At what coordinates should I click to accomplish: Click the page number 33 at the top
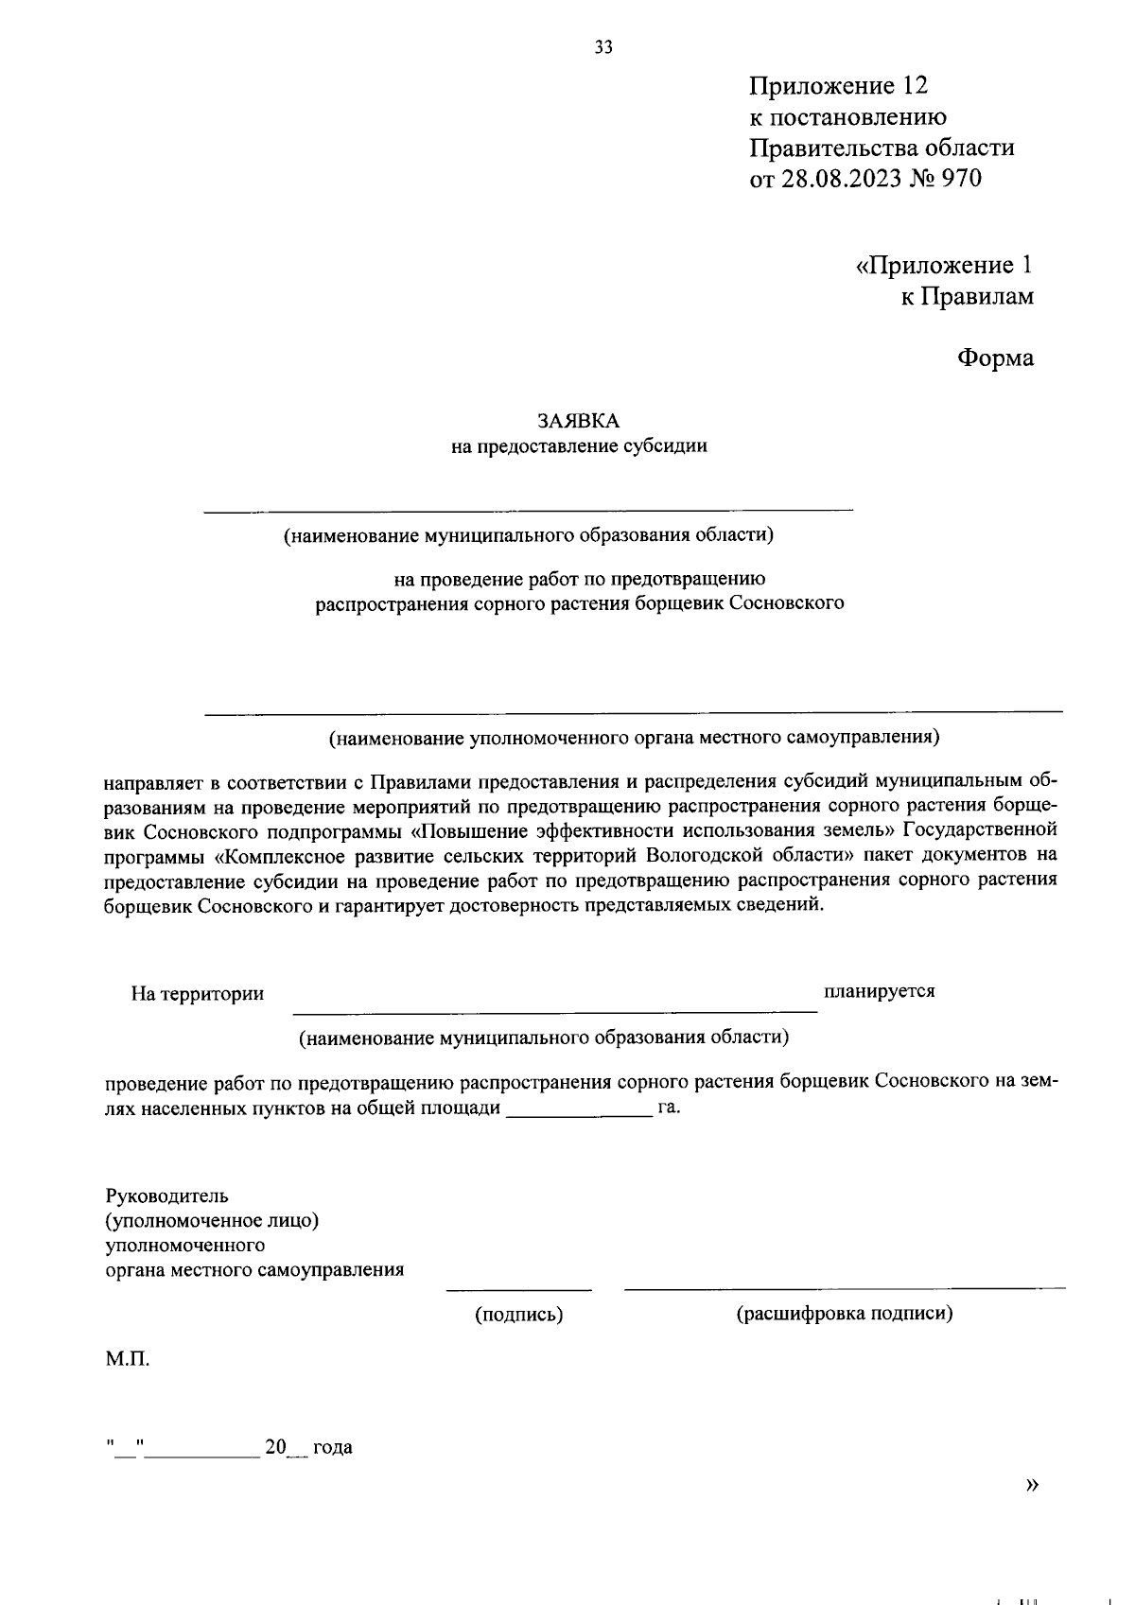[603, 47]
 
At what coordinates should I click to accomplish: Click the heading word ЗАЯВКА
[578, 421]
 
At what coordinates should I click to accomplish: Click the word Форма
[995, 358]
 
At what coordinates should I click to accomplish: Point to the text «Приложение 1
[944, 266]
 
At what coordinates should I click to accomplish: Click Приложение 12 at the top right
[839, 86]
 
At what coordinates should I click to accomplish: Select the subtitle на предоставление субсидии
[579, 446]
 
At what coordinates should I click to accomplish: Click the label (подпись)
[518, 1314]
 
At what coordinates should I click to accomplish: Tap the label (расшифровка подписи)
[844, 1314]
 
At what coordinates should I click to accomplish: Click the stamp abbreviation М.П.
[128, 1360]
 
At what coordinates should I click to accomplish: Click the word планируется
[879, 991]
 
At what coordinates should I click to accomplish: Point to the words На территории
[197, 994]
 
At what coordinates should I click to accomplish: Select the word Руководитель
[166, 1196]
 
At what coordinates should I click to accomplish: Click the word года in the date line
[333, 1447]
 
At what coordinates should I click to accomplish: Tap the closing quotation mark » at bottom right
[1032, 1485]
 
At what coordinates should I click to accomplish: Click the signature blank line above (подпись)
[518, 1288]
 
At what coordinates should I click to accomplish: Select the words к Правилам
[966, 297]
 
